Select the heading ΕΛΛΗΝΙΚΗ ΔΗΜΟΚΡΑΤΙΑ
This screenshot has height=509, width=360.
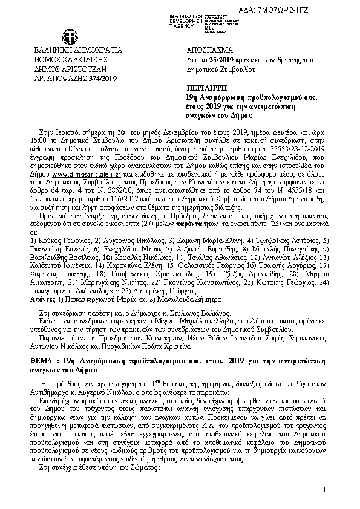point(70,50)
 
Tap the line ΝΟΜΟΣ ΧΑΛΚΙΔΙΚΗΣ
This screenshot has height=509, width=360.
point(63,60)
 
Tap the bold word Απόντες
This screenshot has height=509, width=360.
point(42,299)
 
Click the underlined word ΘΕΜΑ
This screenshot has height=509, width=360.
point(41,359)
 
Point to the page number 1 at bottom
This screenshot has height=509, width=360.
point(324,489)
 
